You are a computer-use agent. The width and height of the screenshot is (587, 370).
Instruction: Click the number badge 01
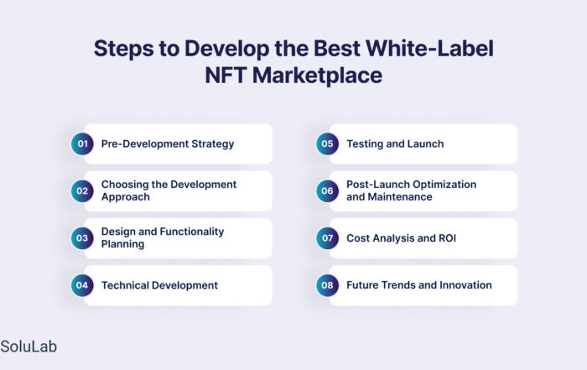pos(82,143)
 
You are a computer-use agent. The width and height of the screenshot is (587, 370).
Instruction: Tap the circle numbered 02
pos(82,191)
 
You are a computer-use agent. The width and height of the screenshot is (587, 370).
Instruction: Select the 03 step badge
pos(82,238)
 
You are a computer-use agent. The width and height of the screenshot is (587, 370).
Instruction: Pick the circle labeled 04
pos(82,285)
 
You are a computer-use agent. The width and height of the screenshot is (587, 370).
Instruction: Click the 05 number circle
pos(327,143)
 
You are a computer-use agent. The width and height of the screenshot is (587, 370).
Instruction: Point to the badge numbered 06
pos(327,191)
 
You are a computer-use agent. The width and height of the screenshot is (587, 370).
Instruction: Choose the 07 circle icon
pos(327,238)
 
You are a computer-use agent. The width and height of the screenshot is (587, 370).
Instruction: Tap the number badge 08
pos(327,285)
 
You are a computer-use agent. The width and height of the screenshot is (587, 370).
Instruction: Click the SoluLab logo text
pos(29,347)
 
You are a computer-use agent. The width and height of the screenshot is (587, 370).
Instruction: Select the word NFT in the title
pos(226,75)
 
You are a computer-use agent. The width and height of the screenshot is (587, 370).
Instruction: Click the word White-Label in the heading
pos(429,49)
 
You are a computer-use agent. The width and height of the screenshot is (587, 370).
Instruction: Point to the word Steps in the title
pos(123,49)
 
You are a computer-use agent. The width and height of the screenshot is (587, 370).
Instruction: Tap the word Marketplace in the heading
pos(318,76)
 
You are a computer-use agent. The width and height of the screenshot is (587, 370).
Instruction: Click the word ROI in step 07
pos(447,238)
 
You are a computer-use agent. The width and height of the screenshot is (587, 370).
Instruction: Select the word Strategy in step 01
pos(213,144)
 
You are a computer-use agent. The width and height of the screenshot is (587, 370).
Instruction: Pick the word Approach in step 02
pos(126,197)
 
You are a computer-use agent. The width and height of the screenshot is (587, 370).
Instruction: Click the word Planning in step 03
pos(122,244)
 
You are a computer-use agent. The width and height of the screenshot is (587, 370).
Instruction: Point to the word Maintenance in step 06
pos(400,197)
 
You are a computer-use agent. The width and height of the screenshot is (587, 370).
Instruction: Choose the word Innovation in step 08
pos(465,285)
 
